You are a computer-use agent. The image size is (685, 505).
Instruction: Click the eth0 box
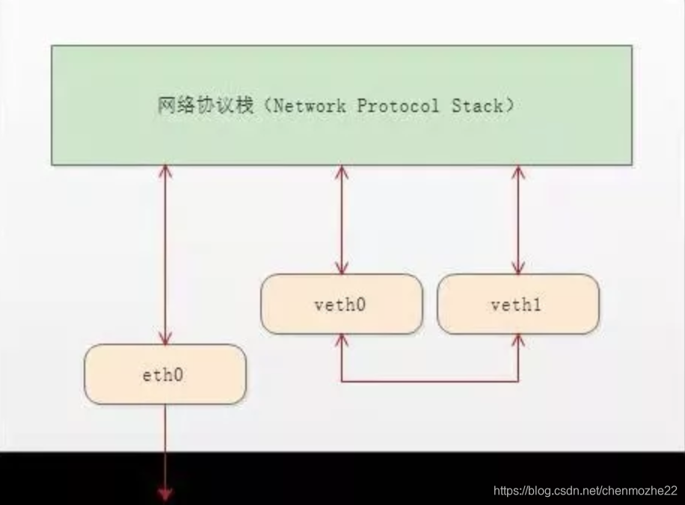(165, 374)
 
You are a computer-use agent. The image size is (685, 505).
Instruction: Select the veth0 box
(342, 304)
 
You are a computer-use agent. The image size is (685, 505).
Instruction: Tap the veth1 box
(517, 304)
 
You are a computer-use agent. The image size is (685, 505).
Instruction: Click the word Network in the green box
(310, 106)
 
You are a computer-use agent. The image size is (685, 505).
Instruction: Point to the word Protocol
(398, 106)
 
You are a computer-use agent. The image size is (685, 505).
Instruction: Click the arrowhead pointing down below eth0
(165, 492)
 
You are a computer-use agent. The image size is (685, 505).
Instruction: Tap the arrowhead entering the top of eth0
(165, 338)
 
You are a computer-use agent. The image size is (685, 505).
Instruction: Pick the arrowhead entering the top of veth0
(342, 268)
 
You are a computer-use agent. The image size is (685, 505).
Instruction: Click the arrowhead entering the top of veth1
(517, 268)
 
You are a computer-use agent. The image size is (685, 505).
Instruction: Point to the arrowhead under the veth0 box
(342, 340)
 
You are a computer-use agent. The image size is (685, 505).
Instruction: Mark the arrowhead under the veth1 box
(517, 340)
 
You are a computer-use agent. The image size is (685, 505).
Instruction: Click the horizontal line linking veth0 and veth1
(430, 382)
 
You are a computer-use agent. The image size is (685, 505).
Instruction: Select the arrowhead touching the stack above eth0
(165, 171)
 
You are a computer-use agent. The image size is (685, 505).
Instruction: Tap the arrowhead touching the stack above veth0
(342, 171)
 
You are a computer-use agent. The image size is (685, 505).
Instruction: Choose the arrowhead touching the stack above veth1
(517, 171)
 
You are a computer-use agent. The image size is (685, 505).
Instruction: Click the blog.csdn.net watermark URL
(586, 491)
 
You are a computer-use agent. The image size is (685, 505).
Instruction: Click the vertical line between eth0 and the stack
(165, 254)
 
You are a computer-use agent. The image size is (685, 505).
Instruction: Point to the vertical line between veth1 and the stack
(517, 220)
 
